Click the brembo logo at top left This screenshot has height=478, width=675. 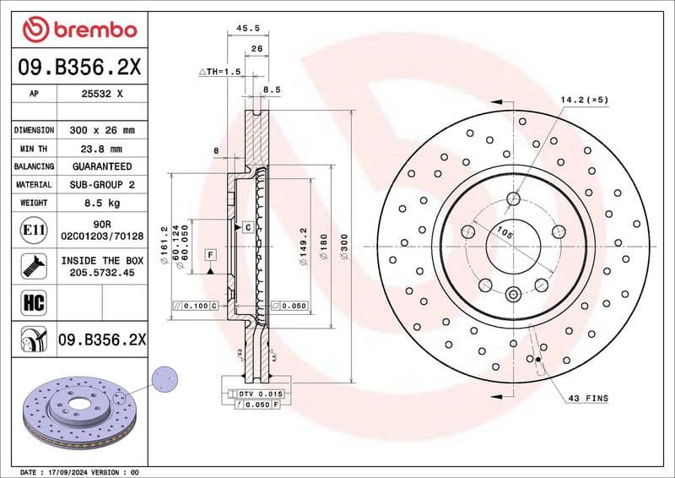point(79,30)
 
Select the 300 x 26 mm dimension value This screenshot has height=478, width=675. point(101,130)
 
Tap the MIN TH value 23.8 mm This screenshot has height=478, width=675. point(101,149)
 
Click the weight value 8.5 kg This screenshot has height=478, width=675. point(101,203)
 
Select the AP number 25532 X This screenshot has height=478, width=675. point(101,94)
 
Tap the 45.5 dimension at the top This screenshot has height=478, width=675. point(246,27)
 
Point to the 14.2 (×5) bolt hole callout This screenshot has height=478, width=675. point(584,100)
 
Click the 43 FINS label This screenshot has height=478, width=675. point(588,398)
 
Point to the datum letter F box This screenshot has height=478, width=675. point(209,254)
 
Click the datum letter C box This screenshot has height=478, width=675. point(248,227)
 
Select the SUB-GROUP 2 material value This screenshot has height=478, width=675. point(101,184)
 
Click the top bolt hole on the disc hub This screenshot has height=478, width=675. point(514,199)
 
